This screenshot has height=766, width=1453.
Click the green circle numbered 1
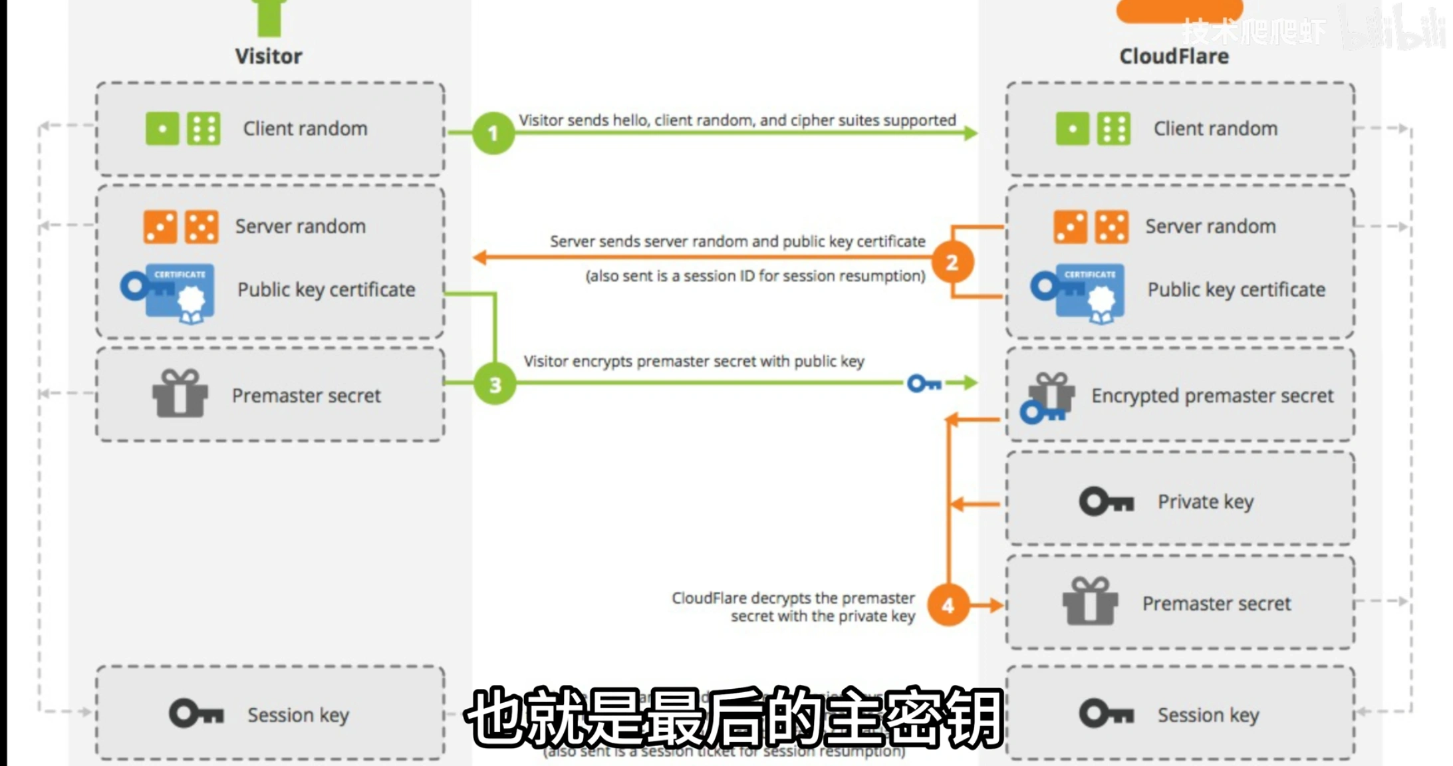[493, 133]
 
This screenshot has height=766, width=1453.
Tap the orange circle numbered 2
[952, 263]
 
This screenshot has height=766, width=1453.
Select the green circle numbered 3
[495, 384]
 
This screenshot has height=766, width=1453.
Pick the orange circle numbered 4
[948, 605]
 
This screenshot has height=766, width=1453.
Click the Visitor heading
[269, 57]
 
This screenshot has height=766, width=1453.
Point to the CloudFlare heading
[1174, 57]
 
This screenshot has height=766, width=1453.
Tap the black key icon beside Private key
[1106, 502]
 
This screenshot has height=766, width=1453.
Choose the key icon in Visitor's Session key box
[196, 714]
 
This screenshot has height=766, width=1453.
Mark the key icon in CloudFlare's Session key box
[1106, 714]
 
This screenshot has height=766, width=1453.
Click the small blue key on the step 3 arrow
[924, 384]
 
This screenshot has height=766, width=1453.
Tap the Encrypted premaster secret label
[1212, 396]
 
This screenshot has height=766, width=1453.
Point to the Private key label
[1206, 502]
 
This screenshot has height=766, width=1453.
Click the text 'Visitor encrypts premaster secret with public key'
[694, 361]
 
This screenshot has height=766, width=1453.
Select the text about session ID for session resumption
[755, 276]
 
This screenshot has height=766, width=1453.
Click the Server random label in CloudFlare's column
[1210, 227]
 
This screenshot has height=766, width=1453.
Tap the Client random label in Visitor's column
[305, 128]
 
